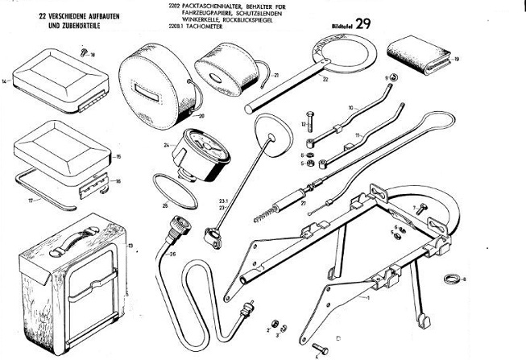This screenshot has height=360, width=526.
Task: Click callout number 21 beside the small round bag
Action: click(275, 75)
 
